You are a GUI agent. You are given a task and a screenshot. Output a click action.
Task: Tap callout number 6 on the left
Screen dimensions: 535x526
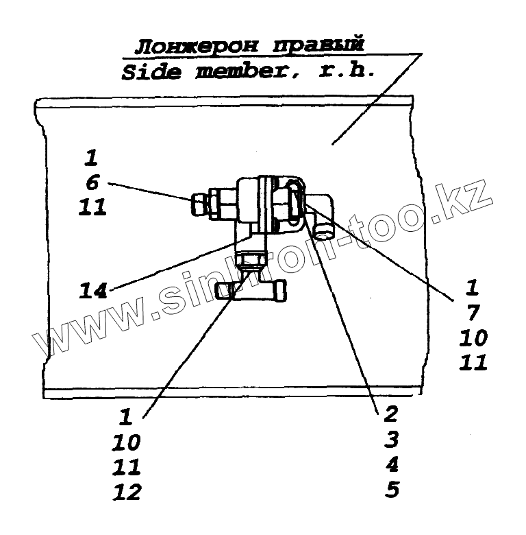[x=93, y=182]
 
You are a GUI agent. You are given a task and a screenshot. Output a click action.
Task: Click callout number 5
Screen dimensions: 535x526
[x=391, y=490]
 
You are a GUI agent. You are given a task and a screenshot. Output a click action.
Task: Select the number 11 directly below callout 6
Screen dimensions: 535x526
[x=92, y=206]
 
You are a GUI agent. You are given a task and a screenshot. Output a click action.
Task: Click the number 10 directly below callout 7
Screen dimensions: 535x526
[x=473, y=337]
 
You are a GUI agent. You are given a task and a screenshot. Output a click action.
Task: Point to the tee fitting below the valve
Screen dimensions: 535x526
[x=251, y=290]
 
